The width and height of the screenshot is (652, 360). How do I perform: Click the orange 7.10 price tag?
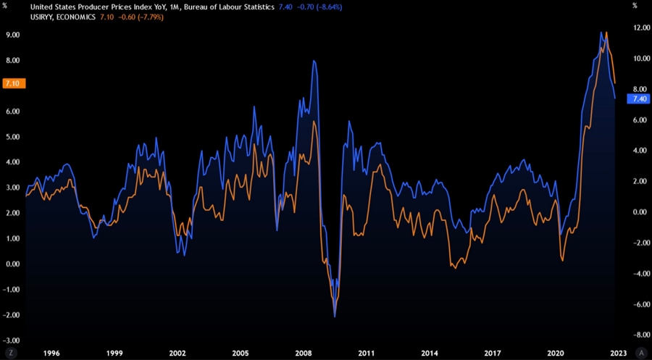click(13, 84)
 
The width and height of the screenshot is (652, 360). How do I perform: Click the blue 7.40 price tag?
click(638, 99)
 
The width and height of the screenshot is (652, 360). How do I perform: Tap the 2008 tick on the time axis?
click(304, 353)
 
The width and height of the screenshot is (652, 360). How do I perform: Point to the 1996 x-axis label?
click(51, 353)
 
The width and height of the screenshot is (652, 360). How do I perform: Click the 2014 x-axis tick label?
click(430, 353)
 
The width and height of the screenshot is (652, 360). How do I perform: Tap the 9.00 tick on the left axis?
click(12, 35)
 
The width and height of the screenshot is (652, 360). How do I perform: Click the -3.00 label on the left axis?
click(10, 340)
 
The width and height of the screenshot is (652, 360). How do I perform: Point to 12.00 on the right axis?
click(639, 28)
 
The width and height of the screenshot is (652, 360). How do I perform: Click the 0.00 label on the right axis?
click(639, 212)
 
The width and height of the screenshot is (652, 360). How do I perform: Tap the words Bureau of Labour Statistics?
click(230, 7)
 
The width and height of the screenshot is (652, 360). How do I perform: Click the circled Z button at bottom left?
click(11, 353)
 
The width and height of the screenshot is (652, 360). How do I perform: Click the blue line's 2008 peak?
click(314, 61)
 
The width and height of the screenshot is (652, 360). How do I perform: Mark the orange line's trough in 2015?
click(454, 269)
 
